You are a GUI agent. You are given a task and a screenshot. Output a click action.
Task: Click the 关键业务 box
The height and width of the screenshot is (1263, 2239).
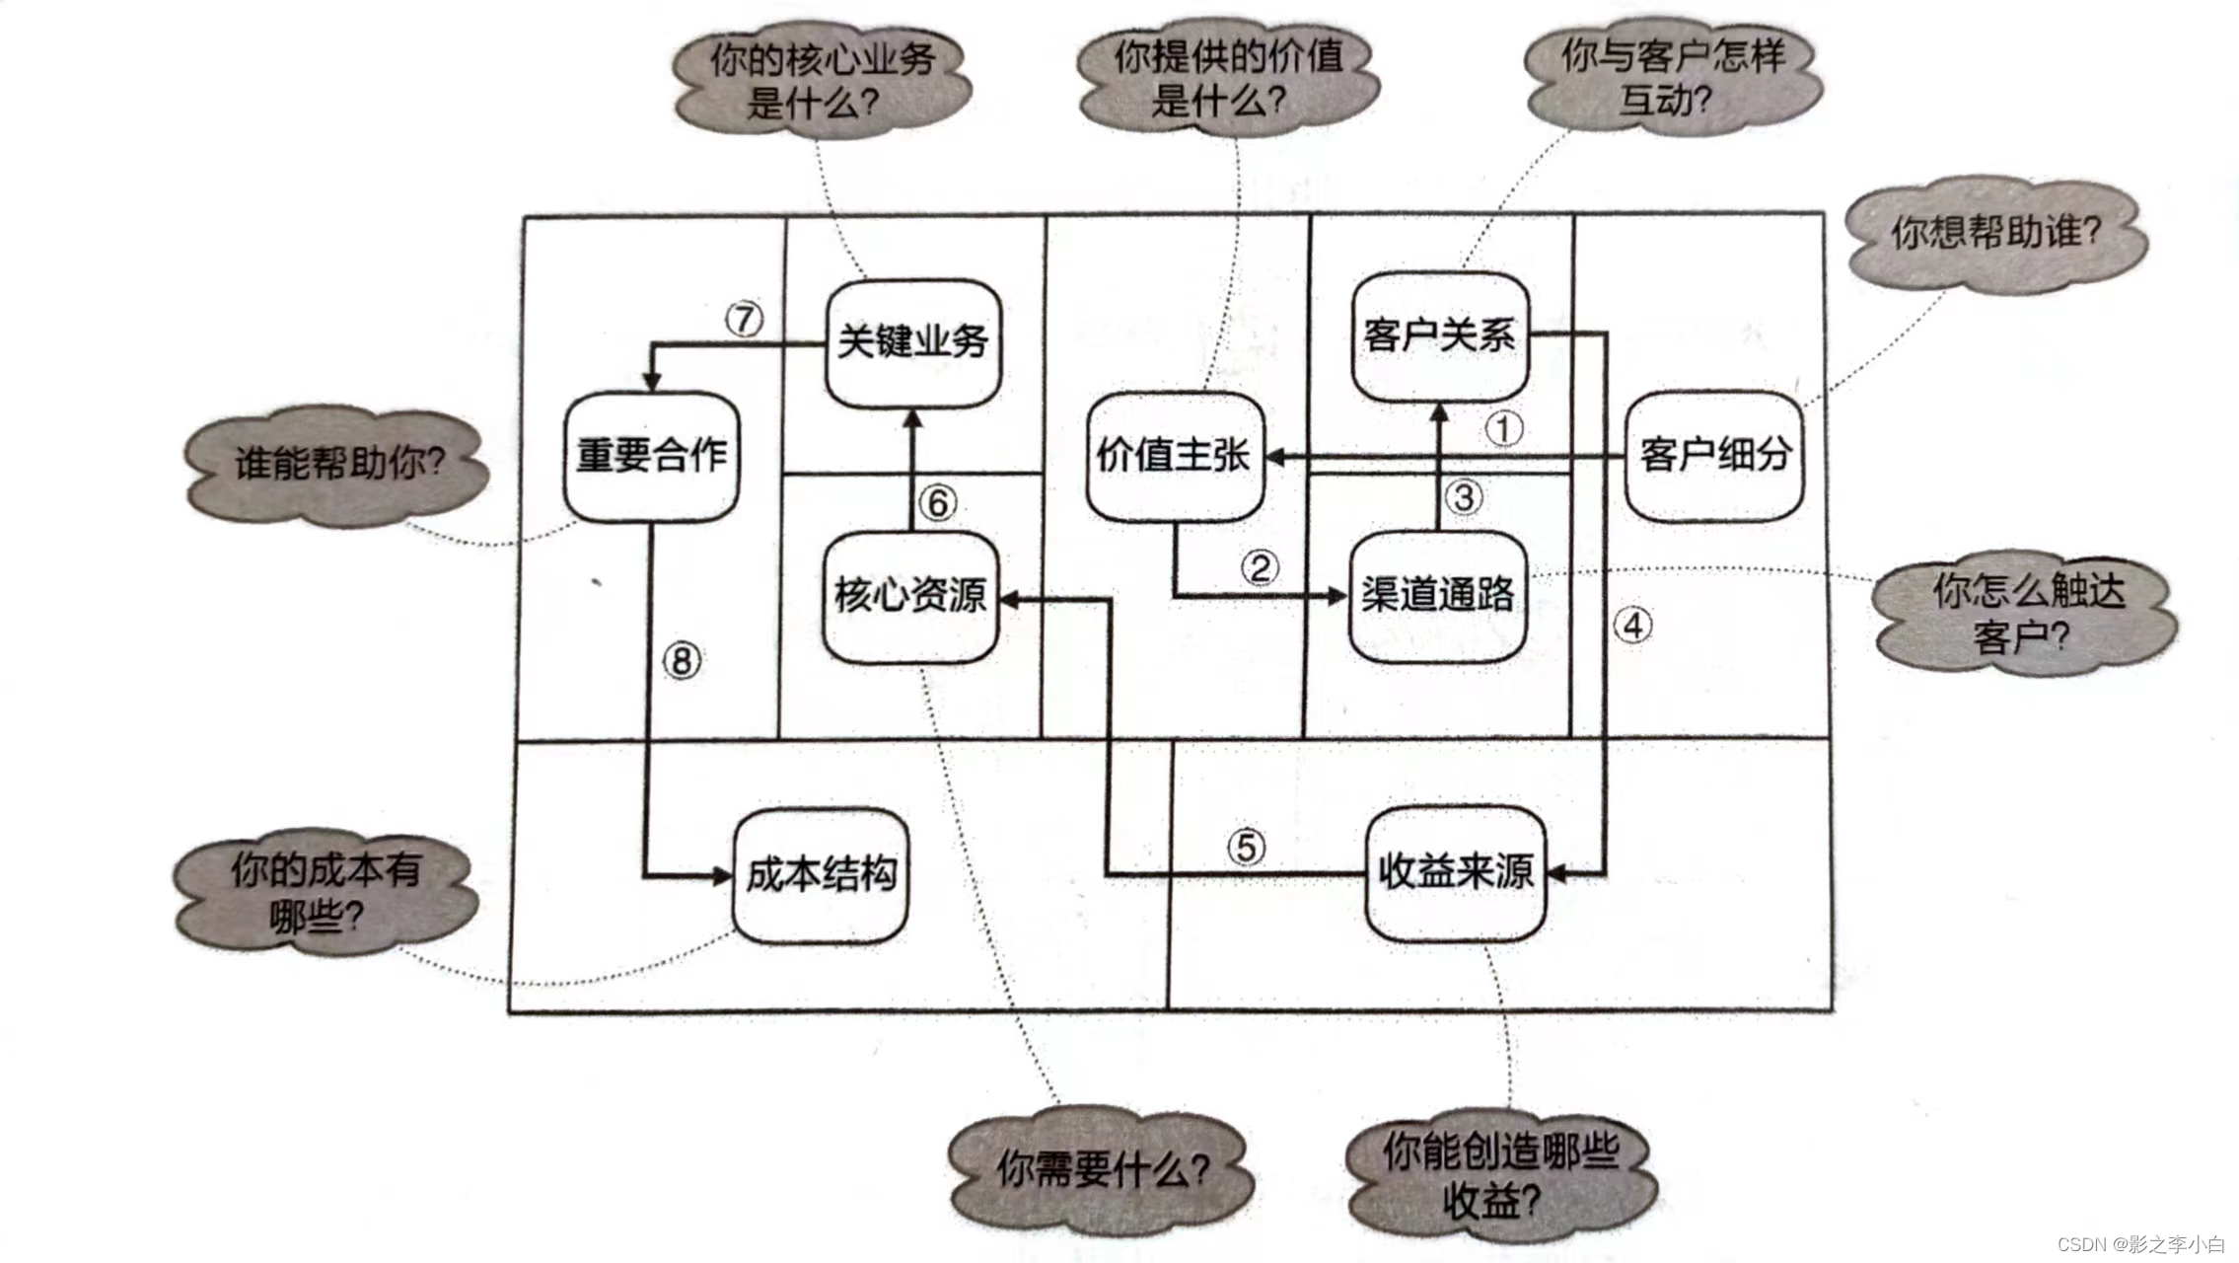pyautogui.click(x=913, y=342)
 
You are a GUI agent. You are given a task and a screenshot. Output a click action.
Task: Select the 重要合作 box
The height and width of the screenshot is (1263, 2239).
pyautogui.click(x=652, y=456)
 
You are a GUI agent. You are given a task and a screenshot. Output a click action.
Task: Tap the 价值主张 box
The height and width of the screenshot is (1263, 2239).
pyautogui.click(x=1174, y=456)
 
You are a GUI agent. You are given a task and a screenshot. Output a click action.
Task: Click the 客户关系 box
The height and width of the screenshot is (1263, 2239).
pyautogui.click(x=1439, y=335)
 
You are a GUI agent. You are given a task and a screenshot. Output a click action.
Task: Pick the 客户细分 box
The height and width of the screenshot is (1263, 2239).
pyautogui.click(x=1714, y=455)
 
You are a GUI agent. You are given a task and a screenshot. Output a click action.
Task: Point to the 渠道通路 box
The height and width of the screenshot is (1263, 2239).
pyautogui.click(x=1437, y=595)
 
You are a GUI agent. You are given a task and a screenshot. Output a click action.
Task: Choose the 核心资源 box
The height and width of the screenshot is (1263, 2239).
pyautogui.click(x=909, y=595)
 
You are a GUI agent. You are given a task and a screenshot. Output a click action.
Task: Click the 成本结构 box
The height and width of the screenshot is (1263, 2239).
pyautogui.click(x=821, y=875)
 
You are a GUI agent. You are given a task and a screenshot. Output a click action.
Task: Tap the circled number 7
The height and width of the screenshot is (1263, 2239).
pyautogui.click(x=745, y=320)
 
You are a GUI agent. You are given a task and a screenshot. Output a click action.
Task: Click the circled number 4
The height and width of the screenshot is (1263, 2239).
pyautogui.click(x=1633, y=626)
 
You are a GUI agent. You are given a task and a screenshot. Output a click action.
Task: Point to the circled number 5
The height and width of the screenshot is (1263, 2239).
pyautogui.click(x=1247, y=847)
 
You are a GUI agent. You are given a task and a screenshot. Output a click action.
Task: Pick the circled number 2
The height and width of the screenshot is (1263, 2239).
pyautogui.click(x=1260, y=567)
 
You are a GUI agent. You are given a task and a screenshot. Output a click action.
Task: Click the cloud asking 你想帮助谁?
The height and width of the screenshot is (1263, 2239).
pyautogui.click(x=1995, y=234)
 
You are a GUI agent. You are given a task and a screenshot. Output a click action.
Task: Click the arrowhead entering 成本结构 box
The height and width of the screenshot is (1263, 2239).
pyautogui.click(x=722, y=875)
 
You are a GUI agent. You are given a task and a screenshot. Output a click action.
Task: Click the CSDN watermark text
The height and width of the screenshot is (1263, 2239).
pyautogui.click(x=2140, y=1244)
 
